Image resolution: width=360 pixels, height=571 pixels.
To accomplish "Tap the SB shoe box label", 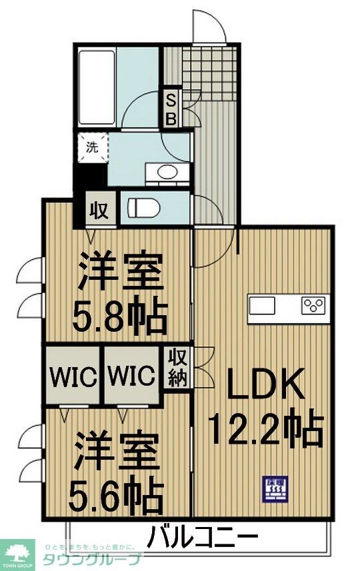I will [x=171, y=111].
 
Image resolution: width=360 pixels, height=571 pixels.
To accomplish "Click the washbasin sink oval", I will [x=167, y=173].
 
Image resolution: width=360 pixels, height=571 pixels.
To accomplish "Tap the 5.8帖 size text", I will [x=120, y=318].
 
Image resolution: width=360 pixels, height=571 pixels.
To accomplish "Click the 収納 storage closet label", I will [x=177, y=368].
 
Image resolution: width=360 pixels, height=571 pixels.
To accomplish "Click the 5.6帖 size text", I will [x=117, y=493].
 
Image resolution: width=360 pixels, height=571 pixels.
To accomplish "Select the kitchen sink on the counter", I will [x=262, y=306].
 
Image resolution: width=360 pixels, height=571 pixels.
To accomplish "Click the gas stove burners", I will [x=313, y=306].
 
